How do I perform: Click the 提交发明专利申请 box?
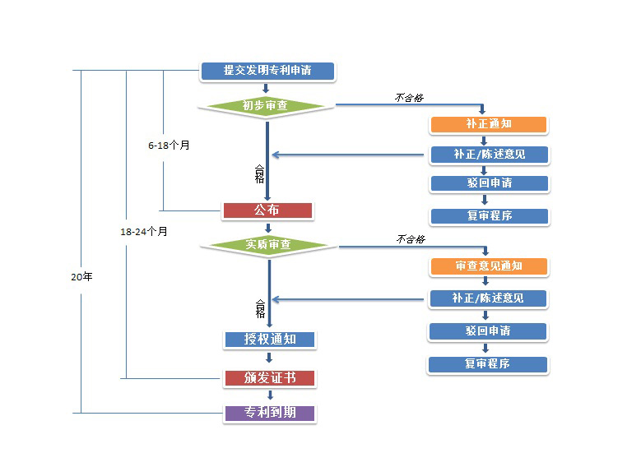click(267, 71)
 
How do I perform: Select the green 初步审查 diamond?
click(267, 105)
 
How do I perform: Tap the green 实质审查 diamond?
click(268, 245)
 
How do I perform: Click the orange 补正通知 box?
click(489, 124)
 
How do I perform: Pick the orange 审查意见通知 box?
click(489, 266)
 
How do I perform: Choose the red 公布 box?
click(267, 210)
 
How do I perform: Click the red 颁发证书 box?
click(269, 378)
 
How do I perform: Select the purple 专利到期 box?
click(269, 413)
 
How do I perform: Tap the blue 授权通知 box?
click(269, 339)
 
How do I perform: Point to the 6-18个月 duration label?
click(169, 146)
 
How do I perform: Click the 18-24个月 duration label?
click(144, 232)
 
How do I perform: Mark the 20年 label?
click(82, 277)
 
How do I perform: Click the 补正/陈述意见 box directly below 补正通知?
click(489, 155)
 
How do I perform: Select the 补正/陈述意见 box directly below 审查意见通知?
click(488, 298)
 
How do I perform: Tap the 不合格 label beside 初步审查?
click(409, 97)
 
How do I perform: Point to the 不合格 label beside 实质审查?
click(411, 239)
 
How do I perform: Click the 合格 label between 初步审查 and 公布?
click(260, 173)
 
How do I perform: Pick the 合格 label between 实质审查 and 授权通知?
click(260, 308)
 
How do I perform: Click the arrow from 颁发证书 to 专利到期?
click(269, 395)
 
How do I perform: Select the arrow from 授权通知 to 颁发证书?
click(269, 358)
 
